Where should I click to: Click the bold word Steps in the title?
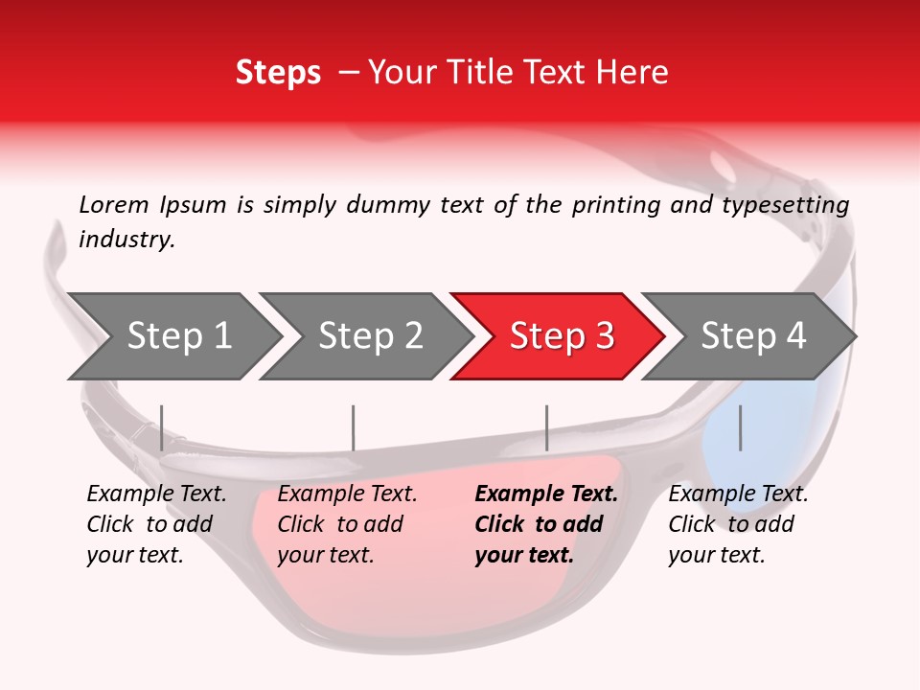[x=278, y=73]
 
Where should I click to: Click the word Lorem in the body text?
[x=114, y=205]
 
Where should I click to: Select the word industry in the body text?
[x=126, y=240]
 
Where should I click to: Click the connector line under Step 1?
[x=161, y=427]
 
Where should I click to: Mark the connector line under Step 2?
[x=354, y=427]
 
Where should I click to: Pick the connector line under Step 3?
[x=546, y=427]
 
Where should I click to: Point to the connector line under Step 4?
[x=740, y=427]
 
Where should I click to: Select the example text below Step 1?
[x=156, y=524]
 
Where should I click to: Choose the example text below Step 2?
[x=347, y=524]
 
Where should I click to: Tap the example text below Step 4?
[x=738, y=524]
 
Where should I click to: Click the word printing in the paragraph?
[x=615, y=205]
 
